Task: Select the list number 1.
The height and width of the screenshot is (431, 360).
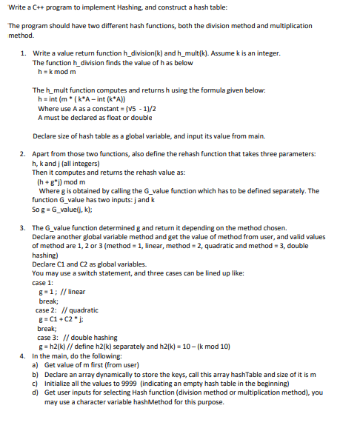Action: (24, 54)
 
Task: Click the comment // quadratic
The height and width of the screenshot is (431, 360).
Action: (81, 310)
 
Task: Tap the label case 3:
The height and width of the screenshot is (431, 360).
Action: (48, 336)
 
